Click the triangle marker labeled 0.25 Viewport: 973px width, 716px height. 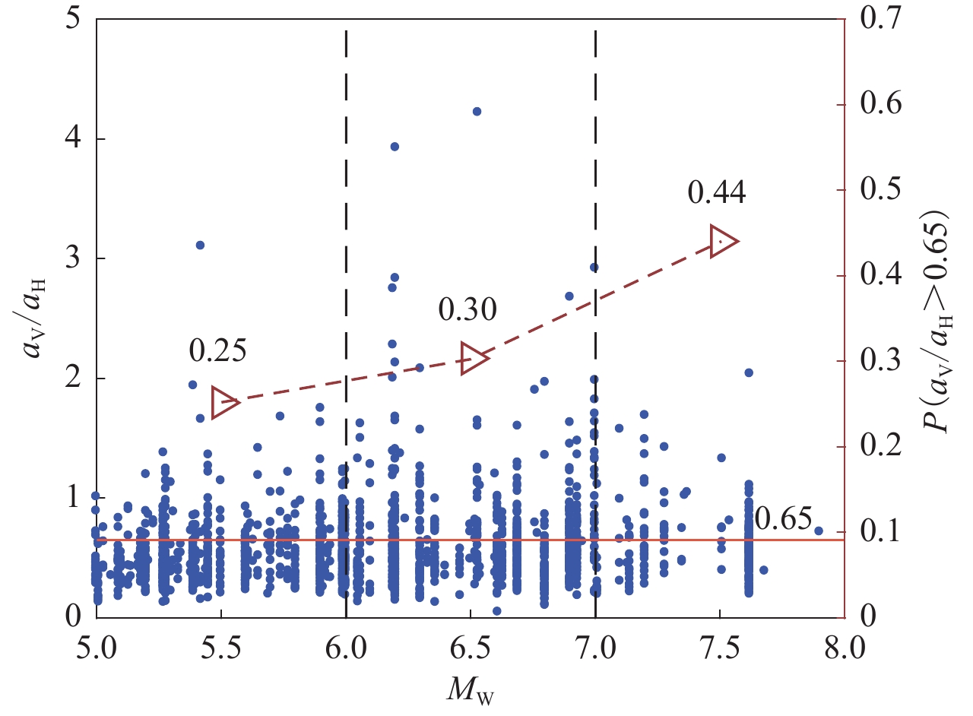224,401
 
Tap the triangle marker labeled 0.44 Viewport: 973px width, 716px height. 722,241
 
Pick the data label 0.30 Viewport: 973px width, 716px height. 467,309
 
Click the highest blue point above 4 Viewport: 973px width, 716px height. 477,111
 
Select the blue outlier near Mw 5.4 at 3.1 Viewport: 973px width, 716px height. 200,245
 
